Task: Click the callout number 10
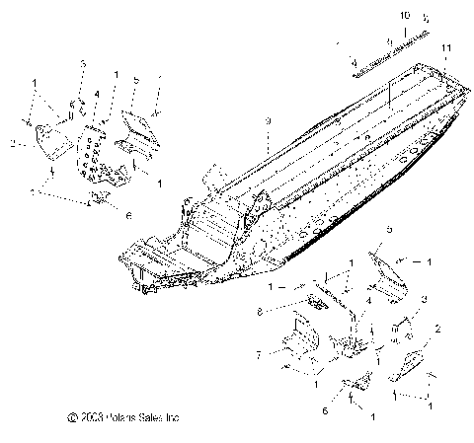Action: tap(403, 17)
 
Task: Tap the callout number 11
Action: tap(447, 48)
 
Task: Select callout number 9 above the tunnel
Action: tap(267, 119)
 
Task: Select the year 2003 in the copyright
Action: tap(85, 417)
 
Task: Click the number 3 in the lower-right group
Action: tap(425, 298)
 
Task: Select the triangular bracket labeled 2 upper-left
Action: tap(49, 143)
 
